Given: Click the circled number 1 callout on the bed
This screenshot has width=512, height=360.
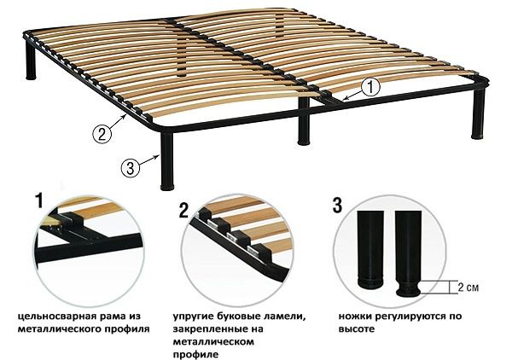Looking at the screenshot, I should (x=369, y=86).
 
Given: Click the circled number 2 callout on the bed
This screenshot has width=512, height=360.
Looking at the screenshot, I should (x=102, y=132).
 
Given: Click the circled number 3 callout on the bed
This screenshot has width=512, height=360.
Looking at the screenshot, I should (x=131, y=167).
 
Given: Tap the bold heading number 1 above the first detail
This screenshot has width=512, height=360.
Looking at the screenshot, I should (x=38, y=202).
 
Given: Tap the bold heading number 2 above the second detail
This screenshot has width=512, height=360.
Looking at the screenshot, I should (x=183, y=207).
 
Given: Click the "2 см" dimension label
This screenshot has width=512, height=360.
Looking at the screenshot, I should (x=468, y=286).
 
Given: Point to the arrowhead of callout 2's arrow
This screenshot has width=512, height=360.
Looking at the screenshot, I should (x=129, y=113).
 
